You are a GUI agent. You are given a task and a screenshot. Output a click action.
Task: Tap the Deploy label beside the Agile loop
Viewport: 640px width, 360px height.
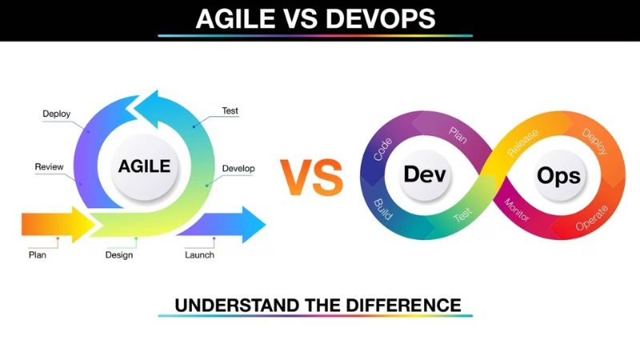click(x=56, y=114)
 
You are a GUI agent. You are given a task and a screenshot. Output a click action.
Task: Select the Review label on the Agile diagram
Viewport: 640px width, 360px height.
click(x=49, y=167)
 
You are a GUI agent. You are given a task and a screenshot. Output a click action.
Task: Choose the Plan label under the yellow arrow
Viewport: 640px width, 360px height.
click(x=37, y=255)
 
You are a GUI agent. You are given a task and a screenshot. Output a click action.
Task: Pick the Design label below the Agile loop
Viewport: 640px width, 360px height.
click(x=119, y=255)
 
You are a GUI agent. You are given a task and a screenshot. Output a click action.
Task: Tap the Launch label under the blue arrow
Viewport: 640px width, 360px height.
click(x=199, y=255)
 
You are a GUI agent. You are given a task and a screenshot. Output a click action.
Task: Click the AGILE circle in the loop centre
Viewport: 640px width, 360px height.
click(x=145, y=166)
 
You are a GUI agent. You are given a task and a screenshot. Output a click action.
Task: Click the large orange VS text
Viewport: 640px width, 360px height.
click(x=311, y=178)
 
